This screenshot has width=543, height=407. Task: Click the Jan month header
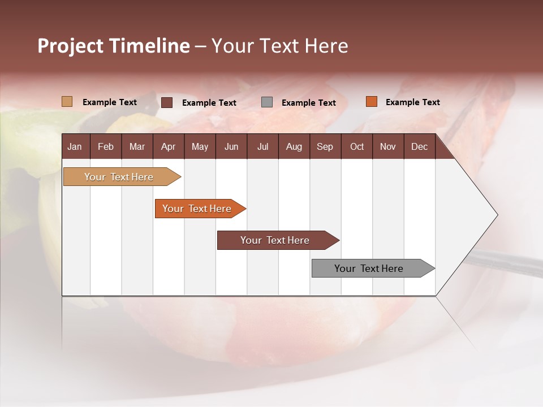tap(75, 146)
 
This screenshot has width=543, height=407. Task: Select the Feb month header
tap(106, 146)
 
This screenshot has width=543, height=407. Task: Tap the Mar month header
tap(137, 146)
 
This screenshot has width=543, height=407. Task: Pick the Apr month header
tap(168, 146)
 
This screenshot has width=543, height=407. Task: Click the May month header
tap(200, 146)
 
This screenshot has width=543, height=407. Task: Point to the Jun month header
tap(231, 146)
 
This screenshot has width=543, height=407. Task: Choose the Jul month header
tap(262, 146)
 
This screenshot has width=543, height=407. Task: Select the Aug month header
tap(294, 146)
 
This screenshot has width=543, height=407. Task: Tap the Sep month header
tap(325, 146)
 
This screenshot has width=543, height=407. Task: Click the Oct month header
tap(357, 146)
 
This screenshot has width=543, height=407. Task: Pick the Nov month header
tap(388, 146)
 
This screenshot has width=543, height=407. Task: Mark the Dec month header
tap(419, 146)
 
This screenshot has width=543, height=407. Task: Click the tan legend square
tap(67, 102)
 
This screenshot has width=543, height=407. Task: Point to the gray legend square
tap(267, 102)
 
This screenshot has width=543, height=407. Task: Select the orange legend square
tap(371, 102)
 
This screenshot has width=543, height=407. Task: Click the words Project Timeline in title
tap(114, 46)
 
